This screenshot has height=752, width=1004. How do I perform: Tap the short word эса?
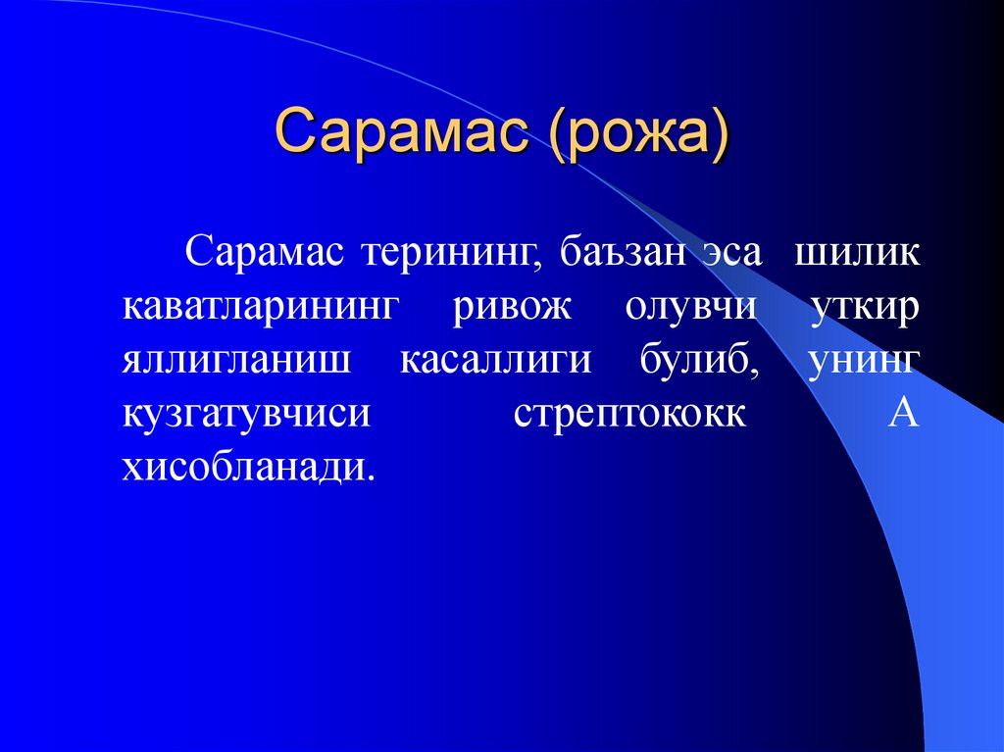(x=729, y=251)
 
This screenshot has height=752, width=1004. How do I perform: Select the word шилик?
(x=857, y=251)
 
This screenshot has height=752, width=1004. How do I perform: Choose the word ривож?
(x=511, y=306)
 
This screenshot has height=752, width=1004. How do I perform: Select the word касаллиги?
(x=495, y=360)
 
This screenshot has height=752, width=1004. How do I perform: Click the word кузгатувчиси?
(x=247, y=413)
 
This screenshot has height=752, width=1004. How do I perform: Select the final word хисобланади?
(x=248, y=467)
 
